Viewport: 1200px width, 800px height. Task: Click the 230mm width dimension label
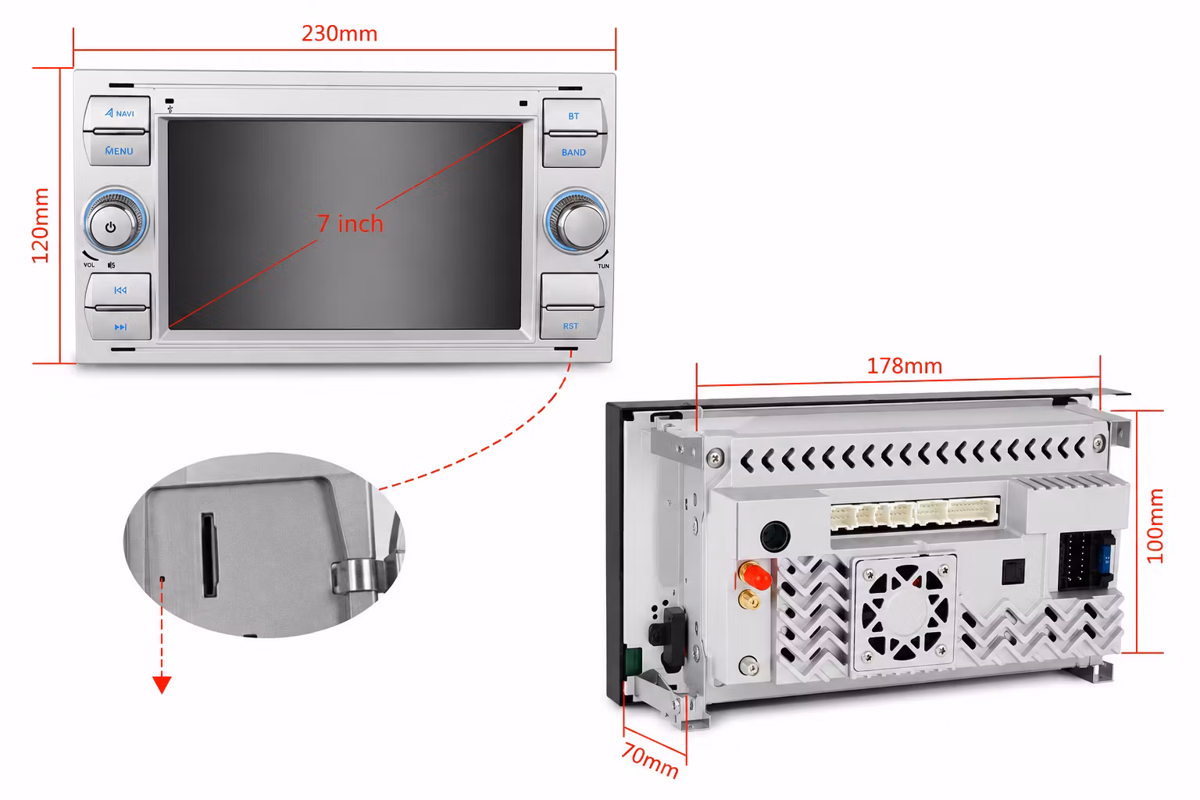339,34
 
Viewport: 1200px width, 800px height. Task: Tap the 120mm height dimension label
41,226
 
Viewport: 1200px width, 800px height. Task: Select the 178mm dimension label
904,366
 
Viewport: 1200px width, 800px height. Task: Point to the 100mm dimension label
1155,526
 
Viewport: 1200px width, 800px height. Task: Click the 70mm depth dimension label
650,760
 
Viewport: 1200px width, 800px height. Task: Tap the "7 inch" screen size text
350,223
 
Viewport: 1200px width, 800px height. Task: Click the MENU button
118,149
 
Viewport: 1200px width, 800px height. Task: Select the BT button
573,115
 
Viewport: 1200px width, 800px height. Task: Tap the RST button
570,324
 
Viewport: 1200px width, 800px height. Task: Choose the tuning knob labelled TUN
577,221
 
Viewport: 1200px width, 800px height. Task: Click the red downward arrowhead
162,684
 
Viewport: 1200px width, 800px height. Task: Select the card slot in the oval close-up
209,555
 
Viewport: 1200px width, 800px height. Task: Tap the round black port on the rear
775,537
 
